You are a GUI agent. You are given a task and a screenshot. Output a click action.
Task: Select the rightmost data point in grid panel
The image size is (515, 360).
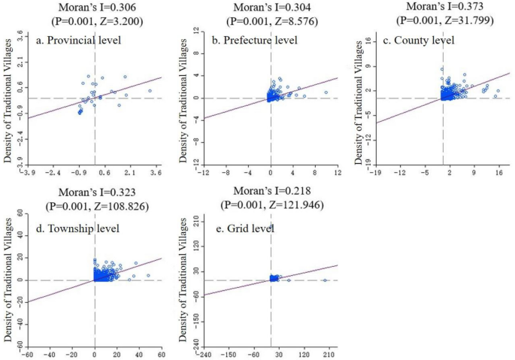(325, 280)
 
